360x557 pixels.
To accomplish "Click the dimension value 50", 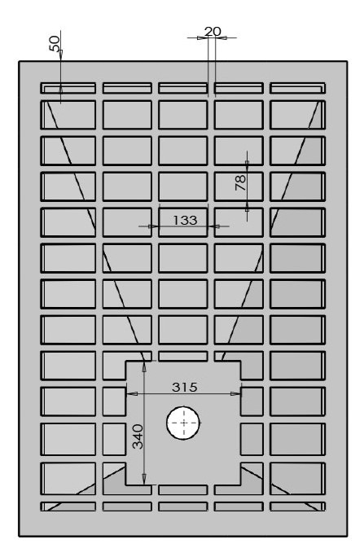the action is [55, 43].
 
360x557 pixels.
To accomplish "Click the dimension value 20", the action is [213, 32].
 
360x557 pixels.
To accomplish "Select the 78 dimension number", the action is [241, 182].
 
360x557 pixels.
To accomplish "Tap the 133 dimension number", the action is [185, 220].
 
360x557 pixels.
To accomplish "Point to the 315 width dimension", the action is [184, 387].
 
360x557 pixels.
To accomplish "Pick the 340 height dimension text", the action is [138, 436].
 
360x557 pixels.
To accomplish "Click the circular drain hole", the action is [183, 423].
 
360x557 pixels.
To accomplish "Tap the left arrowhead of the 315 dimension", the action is [132, 393].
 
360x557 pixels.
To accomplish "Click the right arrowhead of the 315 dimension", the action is [235, 393].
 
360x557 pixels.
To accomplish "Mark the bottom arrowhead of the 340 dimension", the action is [144, 478].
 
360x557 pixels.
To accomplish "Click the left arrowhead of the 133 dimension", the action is [153, 226].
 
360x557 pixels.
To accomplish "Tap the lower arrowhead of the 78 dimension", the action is [247, 208].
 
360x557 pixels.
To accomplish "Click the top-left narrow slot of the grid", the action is [68, 88].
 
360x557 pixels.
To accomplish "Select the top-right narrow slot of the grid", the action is [297, 88].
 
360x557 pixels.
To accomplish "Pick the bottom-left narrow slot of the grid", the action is [68, 507].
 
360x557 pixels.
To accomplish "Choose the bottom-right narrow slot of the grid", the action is [297, 507].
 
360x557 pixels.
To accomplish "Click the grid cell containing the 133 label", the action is [183, 222].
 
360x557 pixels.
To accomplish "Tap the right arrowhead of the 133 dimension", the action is [215, 226].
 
